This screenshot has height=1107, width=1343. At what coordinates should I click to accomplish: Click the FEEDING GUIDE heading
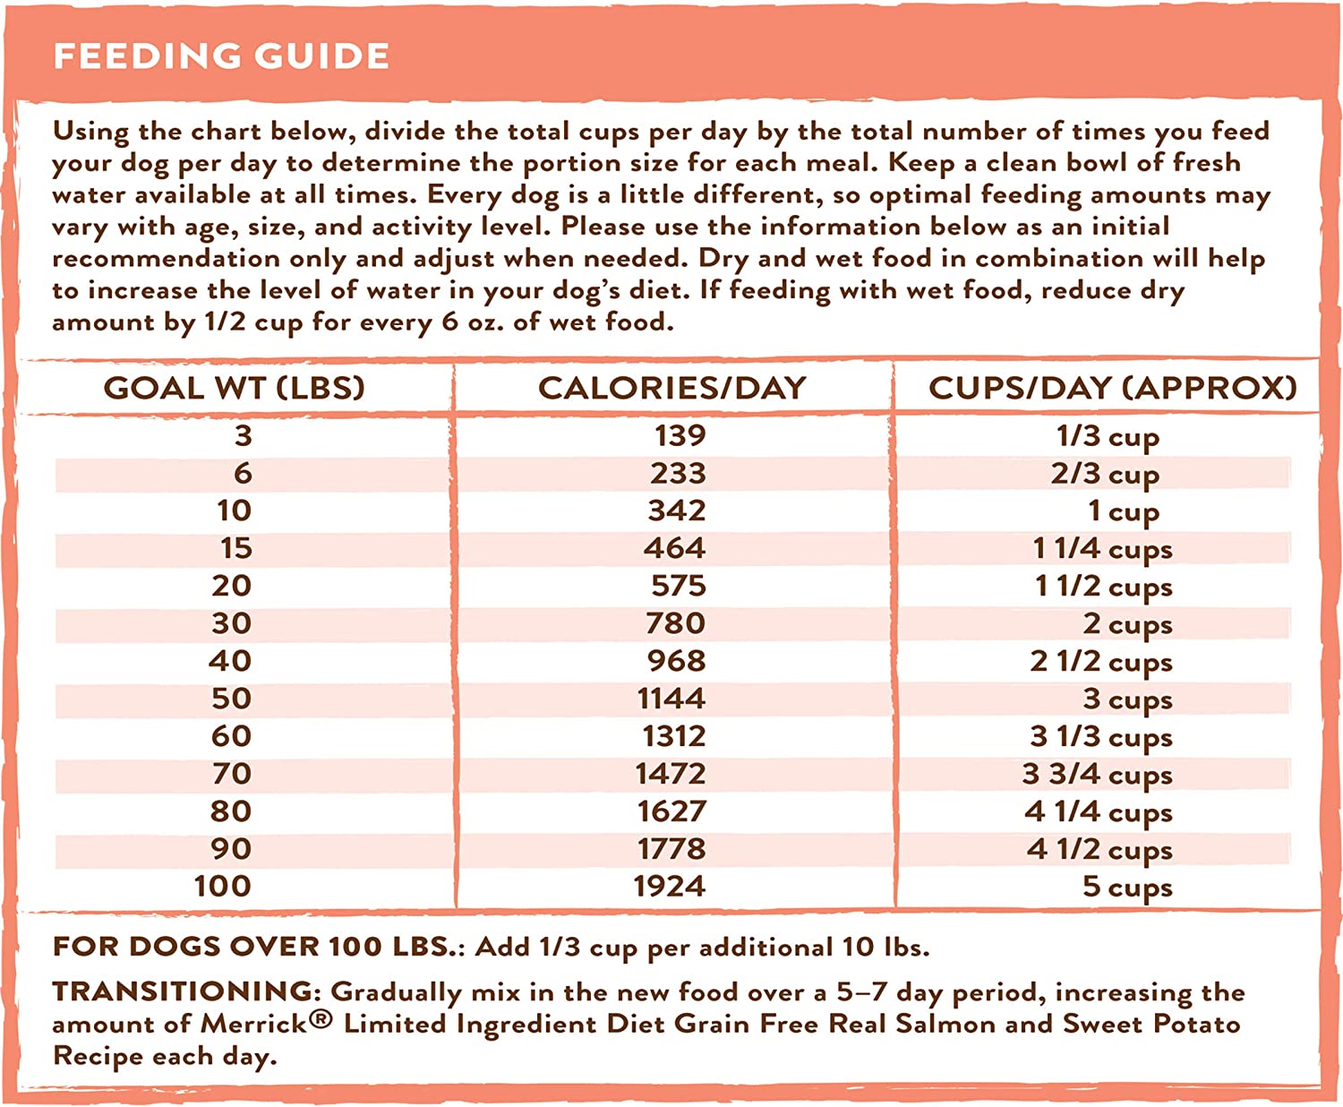coord(221,56)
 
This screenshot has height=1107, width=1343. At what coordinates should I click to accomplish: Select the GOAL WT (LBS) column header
coord(235,388)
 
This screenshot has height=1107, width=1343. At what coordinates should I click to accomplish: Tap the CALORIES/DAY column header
coord(672,388)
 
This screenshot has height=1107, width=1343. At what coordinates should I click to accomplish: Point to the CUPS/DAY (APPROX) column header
coord(1113,388)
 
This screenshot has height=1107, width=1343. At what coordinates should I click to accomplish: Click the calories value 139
coord(680,436)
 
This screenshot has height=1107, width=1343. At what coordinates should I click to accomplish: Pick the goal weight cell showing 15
coord(236,548)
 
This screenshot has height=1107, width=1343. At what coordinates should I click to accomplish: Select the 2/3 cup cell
coord(1105,474)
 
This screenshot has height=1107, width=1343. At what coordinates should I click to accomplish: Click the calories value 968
coord(677,661)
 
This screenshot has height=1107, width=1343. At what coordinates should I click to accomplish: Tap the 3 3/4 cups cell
coord(1097,774)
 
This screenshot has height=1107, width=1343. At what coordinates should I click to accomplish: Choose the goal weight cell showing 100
coord(223,887)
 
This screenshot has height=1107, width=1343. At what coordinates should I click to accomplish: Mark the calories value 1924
coord(670,887)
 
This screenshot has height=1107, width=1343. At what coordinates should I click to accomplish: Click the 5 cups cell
coord(1127,887)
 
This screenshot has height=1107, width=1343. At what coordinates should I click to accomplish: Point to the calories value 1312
coord(674,736)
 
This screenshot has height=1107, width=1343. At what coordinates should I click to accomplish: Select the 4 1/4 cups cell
coord(1099,811)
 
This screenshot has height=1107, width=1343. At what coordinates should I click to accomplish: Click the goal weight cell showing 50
coord(231,699)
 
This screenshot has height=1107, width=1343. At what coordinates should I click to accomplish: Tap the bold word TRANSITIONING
coord(183,991)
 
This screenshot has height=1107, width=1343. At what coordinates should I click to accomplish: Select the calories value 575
coord(679,586)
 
